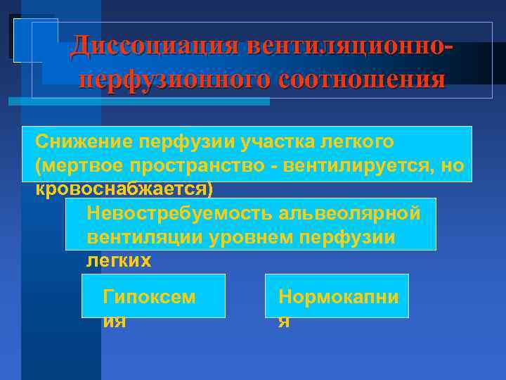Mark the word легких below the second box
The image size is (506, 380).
click(x=118, y=261)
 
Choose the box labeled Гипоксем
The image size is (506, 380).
click(x=153, y=296)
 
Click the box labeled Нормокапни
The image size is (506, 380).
click(x=337, y=296)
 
